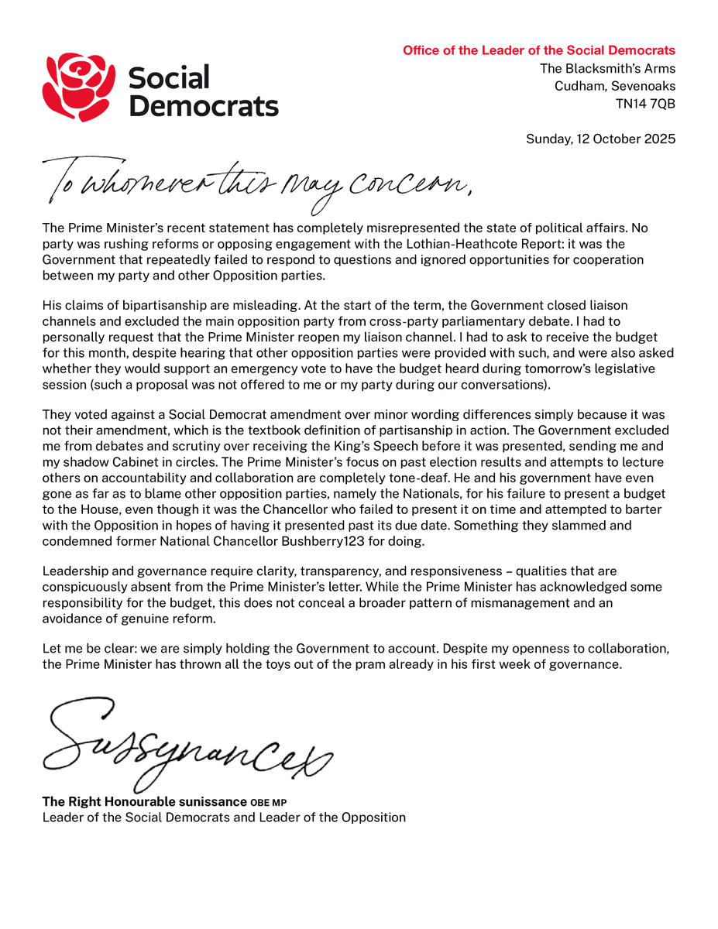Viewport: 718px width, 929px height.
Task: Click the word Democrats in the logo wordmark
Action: click(x=203, y=105)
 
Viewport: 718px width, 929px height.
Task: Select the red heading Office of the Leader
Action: click(x=538, y=51)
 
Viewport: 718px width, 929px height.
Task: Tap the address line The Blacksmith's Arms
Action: click(x=607, y=69)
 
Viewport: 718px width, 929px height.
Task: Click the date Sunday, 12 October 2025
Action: click(x=600, y=139)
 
